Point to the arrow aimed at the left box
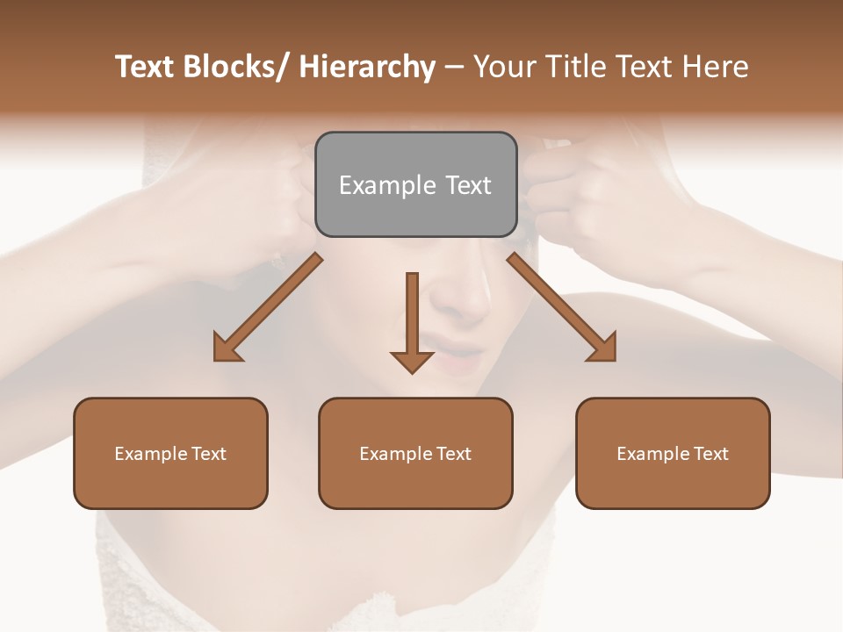coord(268,307)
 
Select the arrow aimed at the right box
coord(562,307)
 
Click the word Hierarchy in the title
coord(367,67)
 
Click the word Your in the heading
coord(505,67)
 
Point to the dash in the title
coord(454,68)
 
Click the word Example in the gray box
coord(387,186)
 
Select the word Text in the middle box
coord(453,454)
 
